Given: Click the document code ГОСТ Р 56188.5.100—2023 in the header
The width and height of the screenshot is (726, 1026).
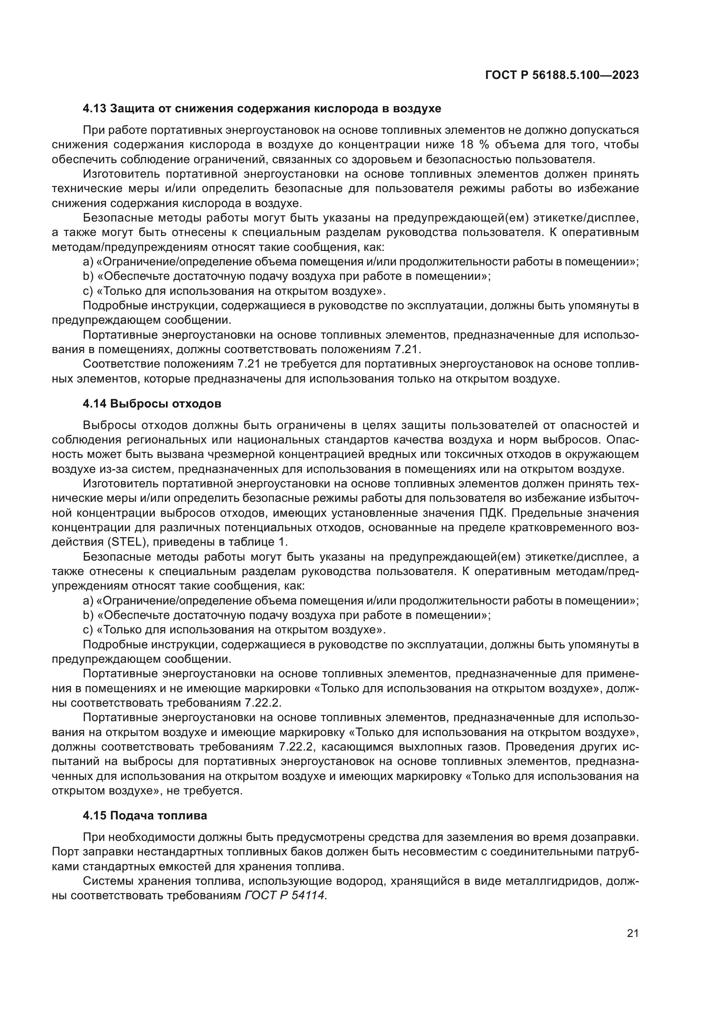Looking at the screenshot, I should click(562, 75).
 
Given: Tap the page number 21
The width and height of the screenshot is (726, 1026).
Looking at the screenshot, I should click(633, 933).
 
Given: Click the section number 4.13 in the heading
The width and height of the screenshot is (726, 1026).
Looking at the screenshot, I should click(95, 109).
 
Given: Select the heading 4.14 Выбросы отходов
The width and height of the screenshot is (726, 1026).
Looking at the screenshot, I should click(152, 404).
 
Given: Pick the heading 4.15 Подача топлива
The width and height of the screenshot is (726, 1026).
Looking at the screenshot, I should click(145, 815).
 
